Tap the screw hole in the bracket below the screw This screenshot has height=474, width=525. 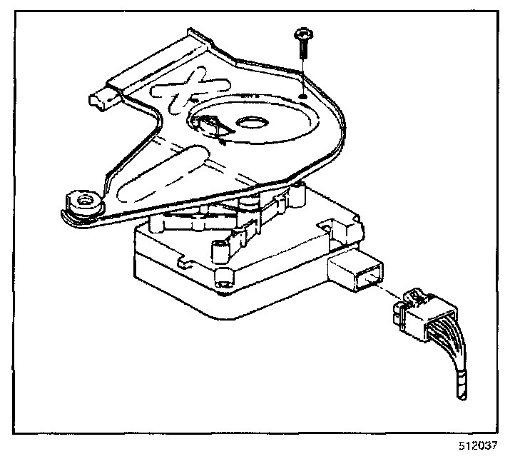(303, 94)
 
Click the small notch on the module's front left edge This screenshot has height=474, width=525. (182, 265)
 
